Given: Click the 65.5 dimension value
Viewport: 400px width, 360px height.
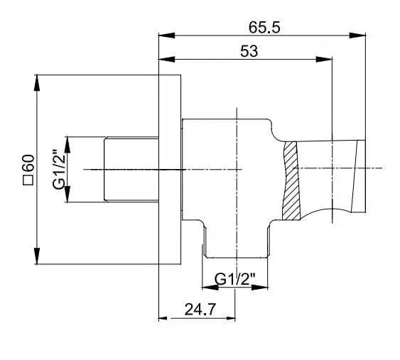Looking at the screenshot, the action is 264,28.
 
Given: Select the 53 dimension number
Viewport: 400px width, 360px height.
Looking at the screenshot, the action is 249,51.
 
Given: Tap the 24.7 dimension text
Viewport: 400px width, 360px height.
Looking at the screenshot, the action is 200,310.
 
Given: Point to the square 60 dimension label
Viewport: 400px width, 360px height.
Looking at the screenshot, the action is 28,170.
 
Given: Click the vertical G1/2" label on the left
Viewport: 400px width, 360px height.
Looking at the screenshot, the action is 59,169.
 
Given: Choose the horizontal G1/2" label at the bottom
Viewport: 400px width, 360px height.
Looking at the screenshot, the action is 235,279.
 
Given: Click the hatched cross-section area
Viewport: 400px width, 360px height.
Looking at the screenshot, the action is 291,180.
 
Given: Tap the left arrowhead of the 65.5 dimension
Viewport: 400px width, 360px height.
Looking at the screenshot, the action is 167,36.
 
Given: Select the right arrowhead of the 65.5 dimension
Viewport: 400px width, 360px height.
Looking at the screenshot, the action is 357,36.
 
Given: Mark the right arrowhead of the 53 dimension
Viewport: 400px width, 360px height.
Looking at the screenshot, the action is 324,60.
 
